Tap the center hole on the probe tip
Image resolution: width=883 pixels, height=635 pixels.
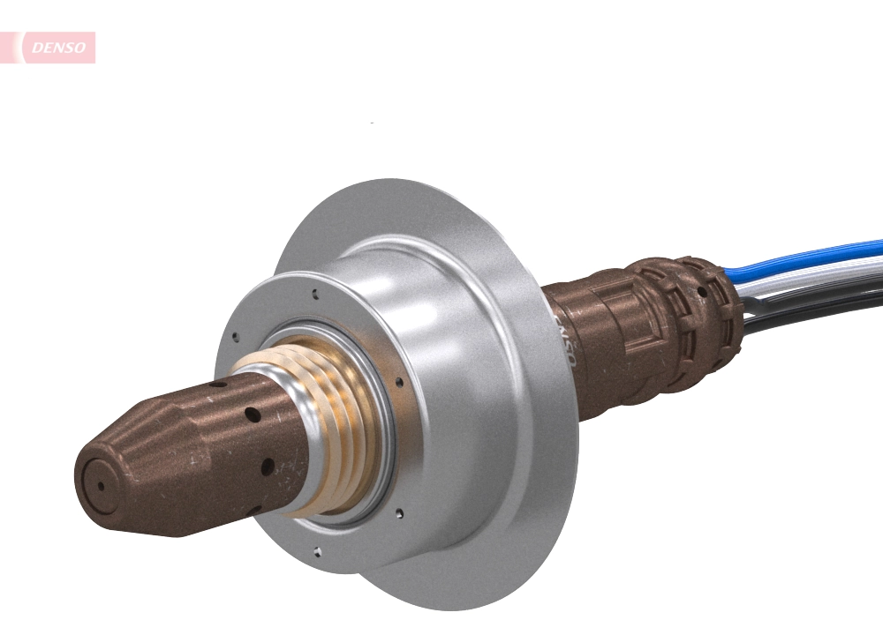(x=100, y=485)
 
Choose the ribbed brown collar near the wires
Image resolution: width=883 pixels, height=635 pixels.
(x=698, y=317)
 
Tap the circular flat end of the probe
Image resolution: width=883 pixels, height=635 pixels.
(x=100, y=485)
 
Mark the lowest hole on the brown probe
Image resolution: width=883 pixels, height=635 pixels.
(x=253, y=509)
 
